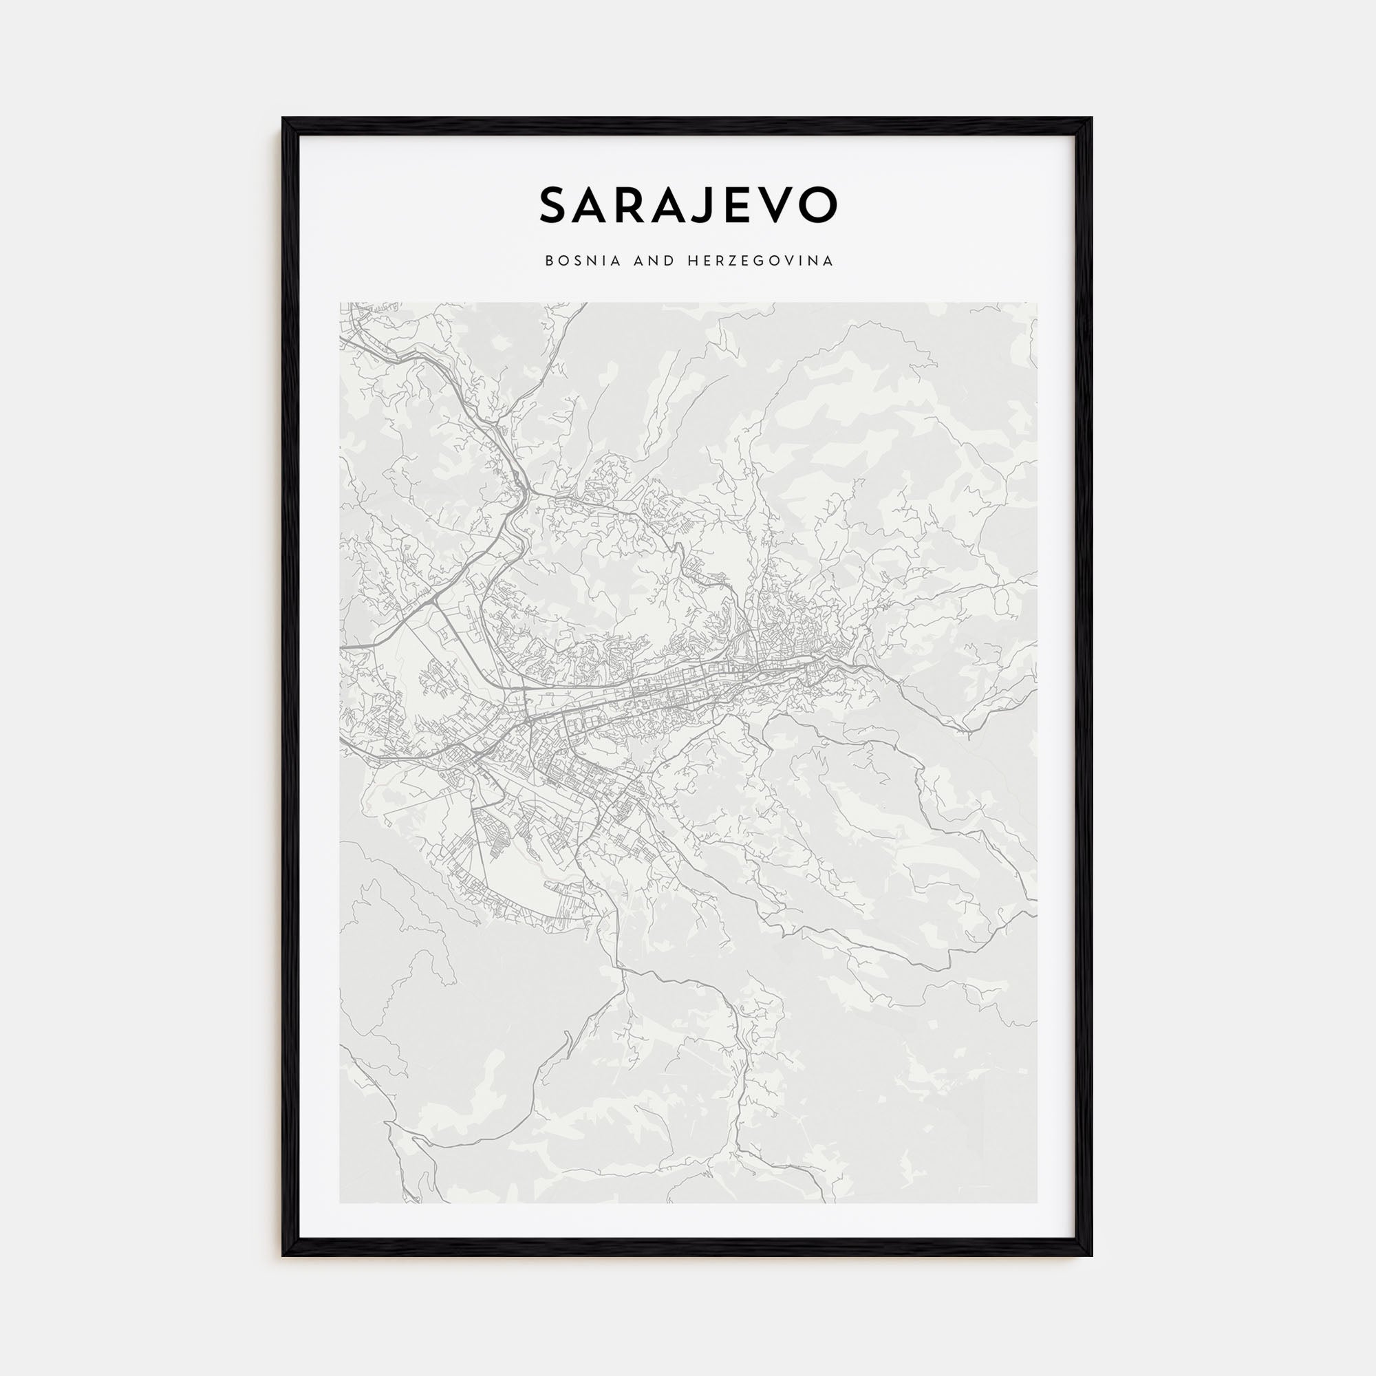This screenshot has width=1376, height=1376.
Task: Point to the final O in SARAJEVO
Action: pyautogui.click(x=817, y=205)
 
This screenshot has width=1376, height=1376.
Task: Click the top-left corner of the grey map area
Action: pyautogui.click(x=341, y=303)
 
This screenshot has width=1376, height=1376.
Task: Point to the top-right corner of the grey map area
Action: pyautogui.click(x=1037, y=303)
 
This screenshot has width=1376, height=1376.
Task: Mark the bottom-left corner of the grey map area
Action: pyautogui.click(x=341, y=1203)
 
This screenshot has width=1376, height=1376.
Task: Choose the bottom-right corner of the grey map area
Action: pyautogui.click(x=1037, y=1203)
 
